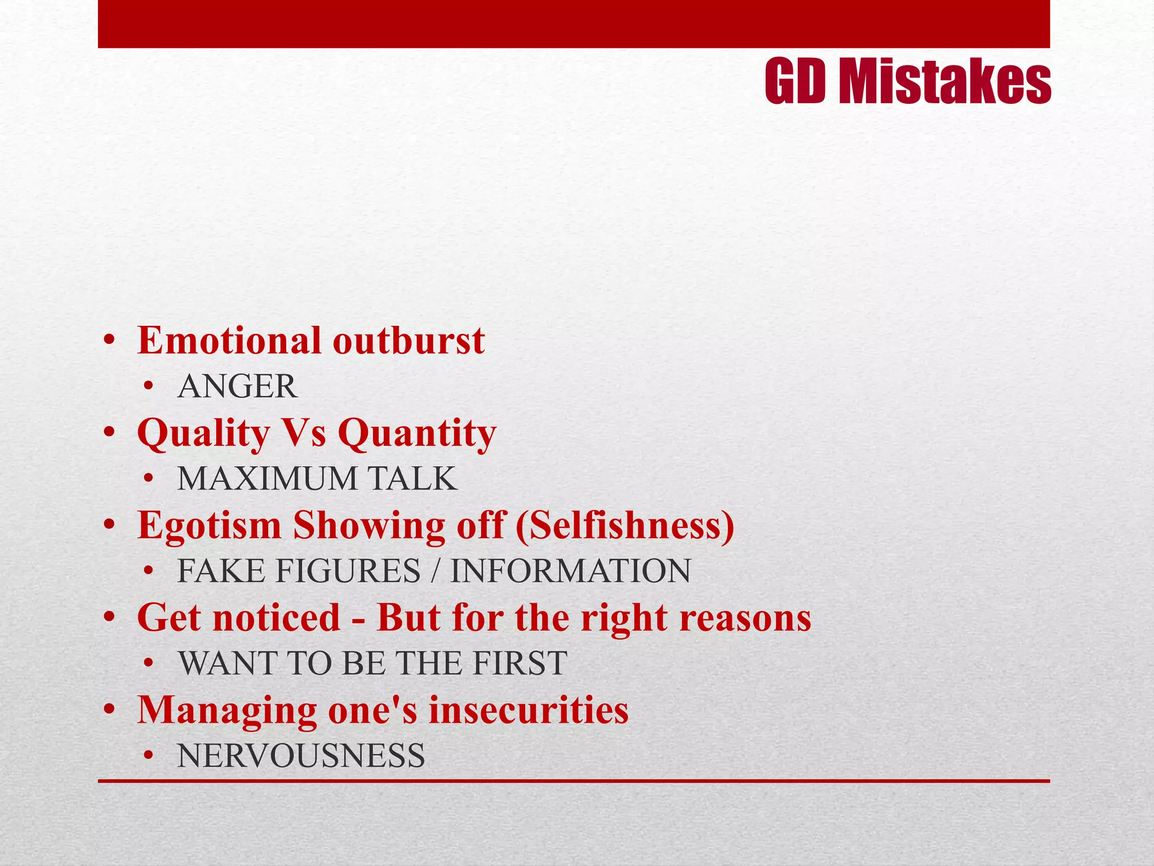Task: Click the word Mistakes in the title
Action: click(944, 82)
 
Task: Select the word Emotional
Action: click(229, 341)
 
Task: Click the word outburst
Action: click(409, 341)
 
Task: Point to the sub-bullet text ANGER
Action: click(237, 387)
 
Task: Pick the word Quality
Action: click(203, 434)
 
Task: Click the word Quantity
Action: click(417, 434)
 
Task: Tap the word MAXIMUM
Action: click(267, 479)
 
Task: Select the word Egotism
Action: click(209, 525)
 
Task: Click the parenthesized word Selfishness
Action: click(625, 525)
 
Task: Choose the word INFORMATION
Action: click(570, 571)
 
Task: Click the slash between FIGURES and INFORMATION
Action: click(434, 571)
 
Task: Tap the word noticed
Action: click(277, 618)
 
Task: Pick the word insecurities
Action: click(529, 710)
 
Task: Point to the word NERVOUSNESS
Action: click(301, 756)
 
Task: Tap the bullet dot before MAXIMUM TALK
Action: click(148, 480)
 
